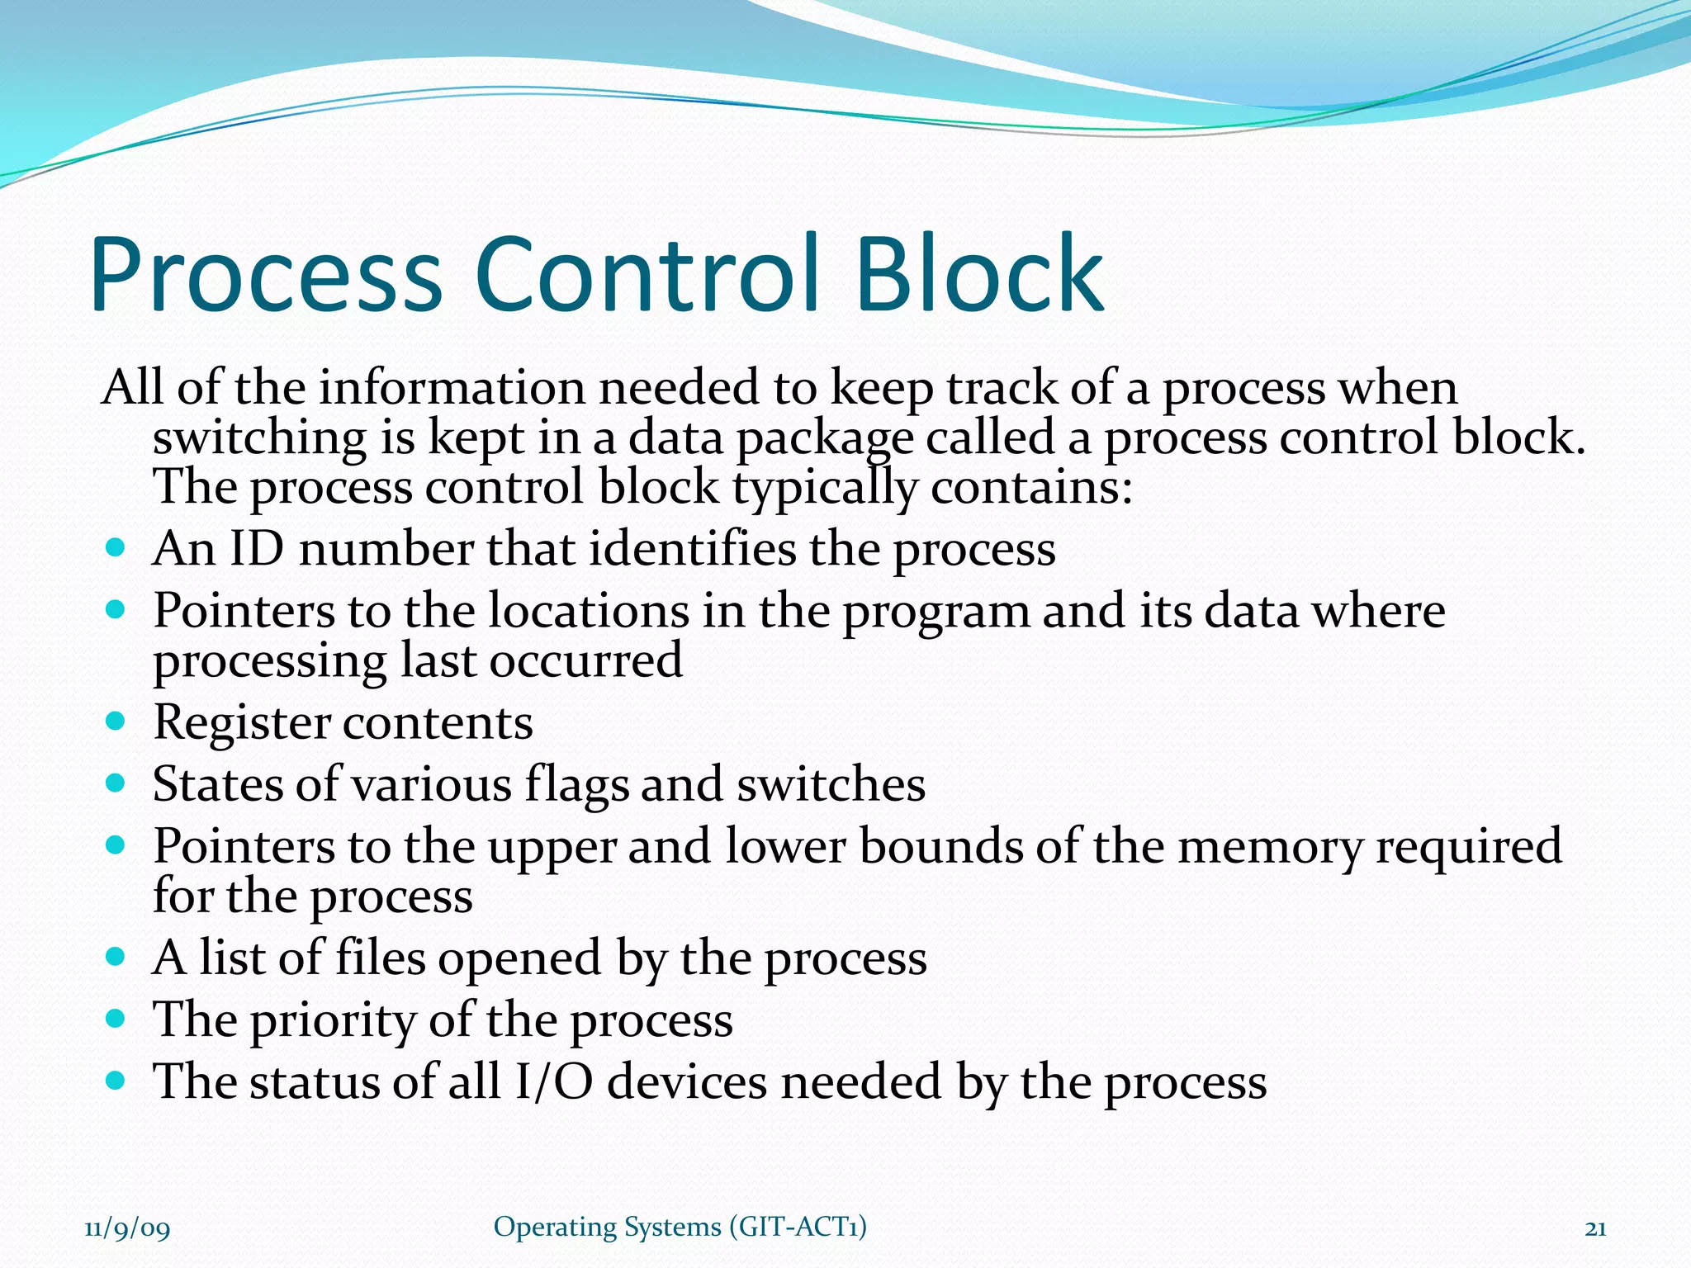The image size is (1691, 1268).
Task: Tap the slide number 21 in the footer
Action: (x=1595, y=1228)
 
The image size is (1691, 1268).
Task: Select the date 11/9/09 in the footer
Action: (x=127, y=1228)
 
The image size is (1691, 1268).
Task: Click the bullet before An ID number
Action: (x=116, y=547)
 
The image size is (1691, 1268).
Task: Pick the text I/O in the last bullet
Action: (x=552, y=1081)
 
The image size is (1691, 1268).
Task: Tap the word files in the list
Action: (x=380, y=958)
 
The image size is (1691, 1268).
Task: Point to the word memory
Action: (x=1269, y=848)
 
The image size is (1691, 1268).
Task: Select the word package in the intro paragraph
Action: (x=824, y=438)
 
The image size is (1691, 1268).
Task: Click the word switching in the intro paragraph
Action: (x=259, y=438)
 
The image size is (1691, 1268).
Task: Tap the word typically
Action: (x=824, y=488)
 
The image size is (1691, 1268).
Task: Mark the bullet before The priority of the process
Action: (x=116, y=1019)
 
